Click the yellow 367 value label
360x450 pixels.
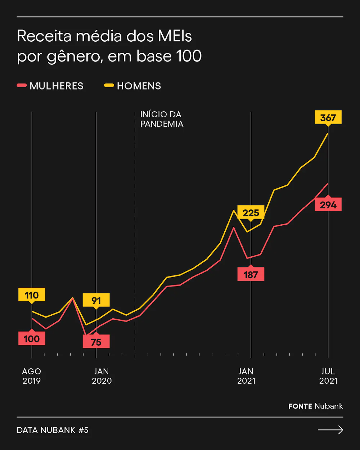coord(328,117)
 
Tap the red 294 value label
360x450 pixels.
coord(328,204)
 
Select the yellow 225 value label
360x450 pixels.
coord(251,212)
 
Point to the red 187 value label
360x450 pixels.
coord(251,274)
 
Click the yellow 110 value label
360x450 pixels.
coord(32,295)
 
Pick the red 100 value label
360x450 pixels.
coord(32,338)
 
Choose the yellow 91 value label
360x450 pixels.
coord(96,300)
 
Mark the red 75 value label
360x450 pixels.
coord(96,342)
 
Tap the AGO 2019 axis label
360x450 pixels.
coord(32,376)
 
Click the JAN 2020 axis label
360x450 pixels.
coord(102,376)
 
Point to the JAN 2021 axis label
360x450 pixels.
coord(246,376)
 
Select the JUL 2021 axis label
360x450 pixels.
coord(328,376)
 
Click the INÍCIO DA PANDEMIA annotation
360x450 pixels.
coord(162,119)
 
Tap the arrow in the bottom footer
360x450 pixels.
coord(330,430)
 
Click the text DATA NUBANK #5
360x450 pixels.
coord(53,430)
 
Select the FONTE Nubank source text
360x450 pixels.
coord(316,406)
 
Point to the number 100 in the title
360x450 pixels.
coord(189,56)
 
